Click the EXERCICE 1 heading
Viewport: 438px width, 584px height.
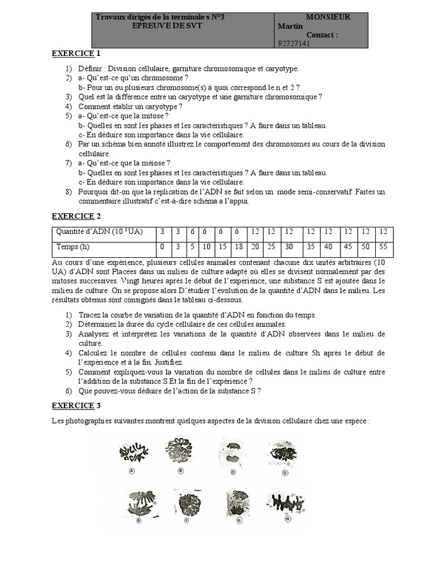[76, 54]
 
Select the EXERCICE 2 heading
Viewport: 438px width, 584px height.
[76, 216]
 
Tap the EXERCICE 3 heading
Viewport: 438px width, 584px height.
[76, 405]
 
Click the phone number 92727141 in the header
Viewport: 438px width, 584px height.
[293, 43]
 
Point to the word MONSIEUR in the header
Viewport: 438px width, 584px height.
[328, 17]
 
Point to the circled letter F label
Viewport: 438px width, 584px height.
[187, 521]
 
